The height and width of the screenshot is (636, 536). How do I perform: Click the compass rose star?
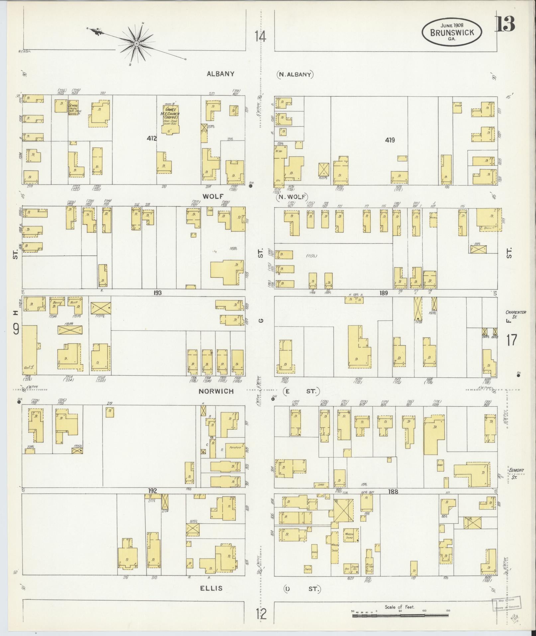click(137, 44)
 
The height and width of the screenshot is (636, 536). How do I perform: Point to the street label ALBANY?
click(220, 74)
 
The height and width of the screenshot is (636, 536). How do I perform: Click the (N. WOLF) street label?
click(291, 197)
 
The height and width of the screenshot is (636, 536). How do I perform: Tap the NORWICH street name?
click(216, 391)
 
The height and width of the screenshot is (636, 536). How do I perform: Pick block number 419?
click(390, 140)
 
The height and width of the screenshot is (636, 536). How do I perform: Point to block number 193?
click(158, 293)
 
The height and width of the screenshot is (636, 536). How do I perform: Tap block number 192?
click(153, 491)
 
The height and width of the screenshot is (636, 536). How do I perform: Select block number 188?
click(393, 491)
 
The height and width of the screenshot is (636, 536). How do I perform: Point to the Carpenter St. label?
click(513, 315)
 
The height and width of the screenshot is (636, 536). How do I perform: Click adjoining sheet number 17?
click(512, 340)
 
